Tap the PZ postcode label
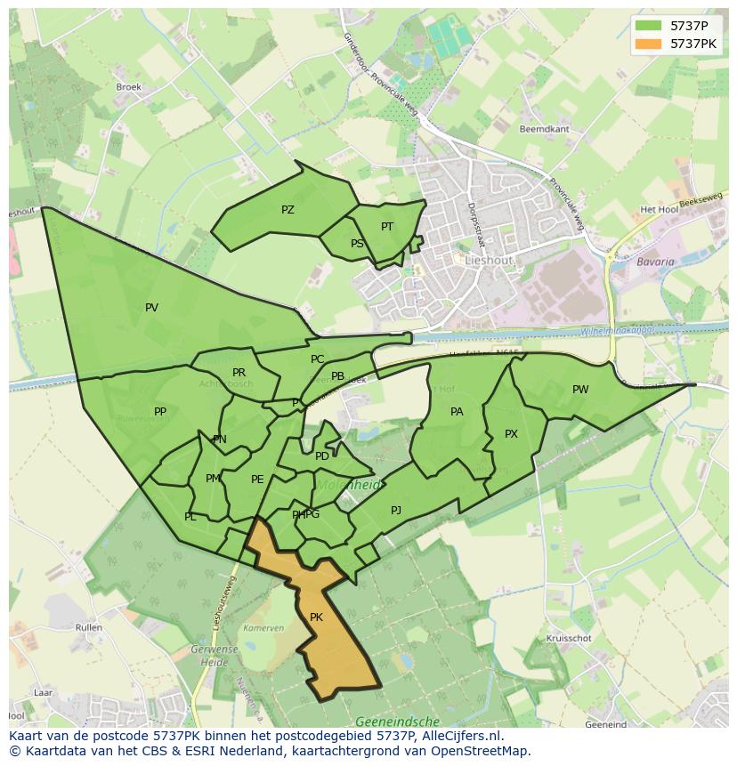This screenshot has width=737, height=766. pyautogui.click(x=288, y=210)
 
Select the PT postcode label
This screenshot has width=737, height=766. pyautogui.click(x=387, y=227)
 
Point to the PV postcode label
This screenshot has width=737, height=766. pyautogui.click(x=151, y=308)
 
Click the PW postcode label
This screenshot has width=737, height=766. pyautogui.click(x=580, y=390)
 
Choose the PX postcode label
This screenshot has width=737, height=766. pyautogui.click(x=511, y=434)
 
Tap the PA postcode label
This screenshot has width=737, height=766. pyautogui.click(x=457, y=412)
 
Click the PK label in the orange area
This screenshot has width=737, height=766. pyautogui.click(x=316, y=617)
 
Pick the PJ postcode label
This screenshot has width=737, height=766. pyautogui.click(x=396, y=511)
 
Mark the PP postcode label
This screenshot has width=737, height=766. pyautogui.click(x=160, y=412)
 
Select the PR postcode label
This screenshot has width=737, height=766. pyautogui.click(x=239, y=373)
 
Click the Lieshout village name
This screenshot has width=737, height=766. pyautogui.click(x=490, y=261)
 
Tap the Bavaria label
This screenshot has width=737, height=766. pyautogui.click(x=655, y=262)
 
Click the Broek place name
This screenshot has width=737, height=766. pyautogui.click(x=128, y=87)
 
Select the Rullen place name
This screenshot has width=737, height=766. pyautogui.click(x=89, y=627)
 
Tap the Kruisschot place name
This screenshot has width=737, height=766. pyautogui.click(x=569, y=639)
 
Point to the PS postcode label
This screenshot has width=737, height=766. pyautogui.click(x=357, y=244)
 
